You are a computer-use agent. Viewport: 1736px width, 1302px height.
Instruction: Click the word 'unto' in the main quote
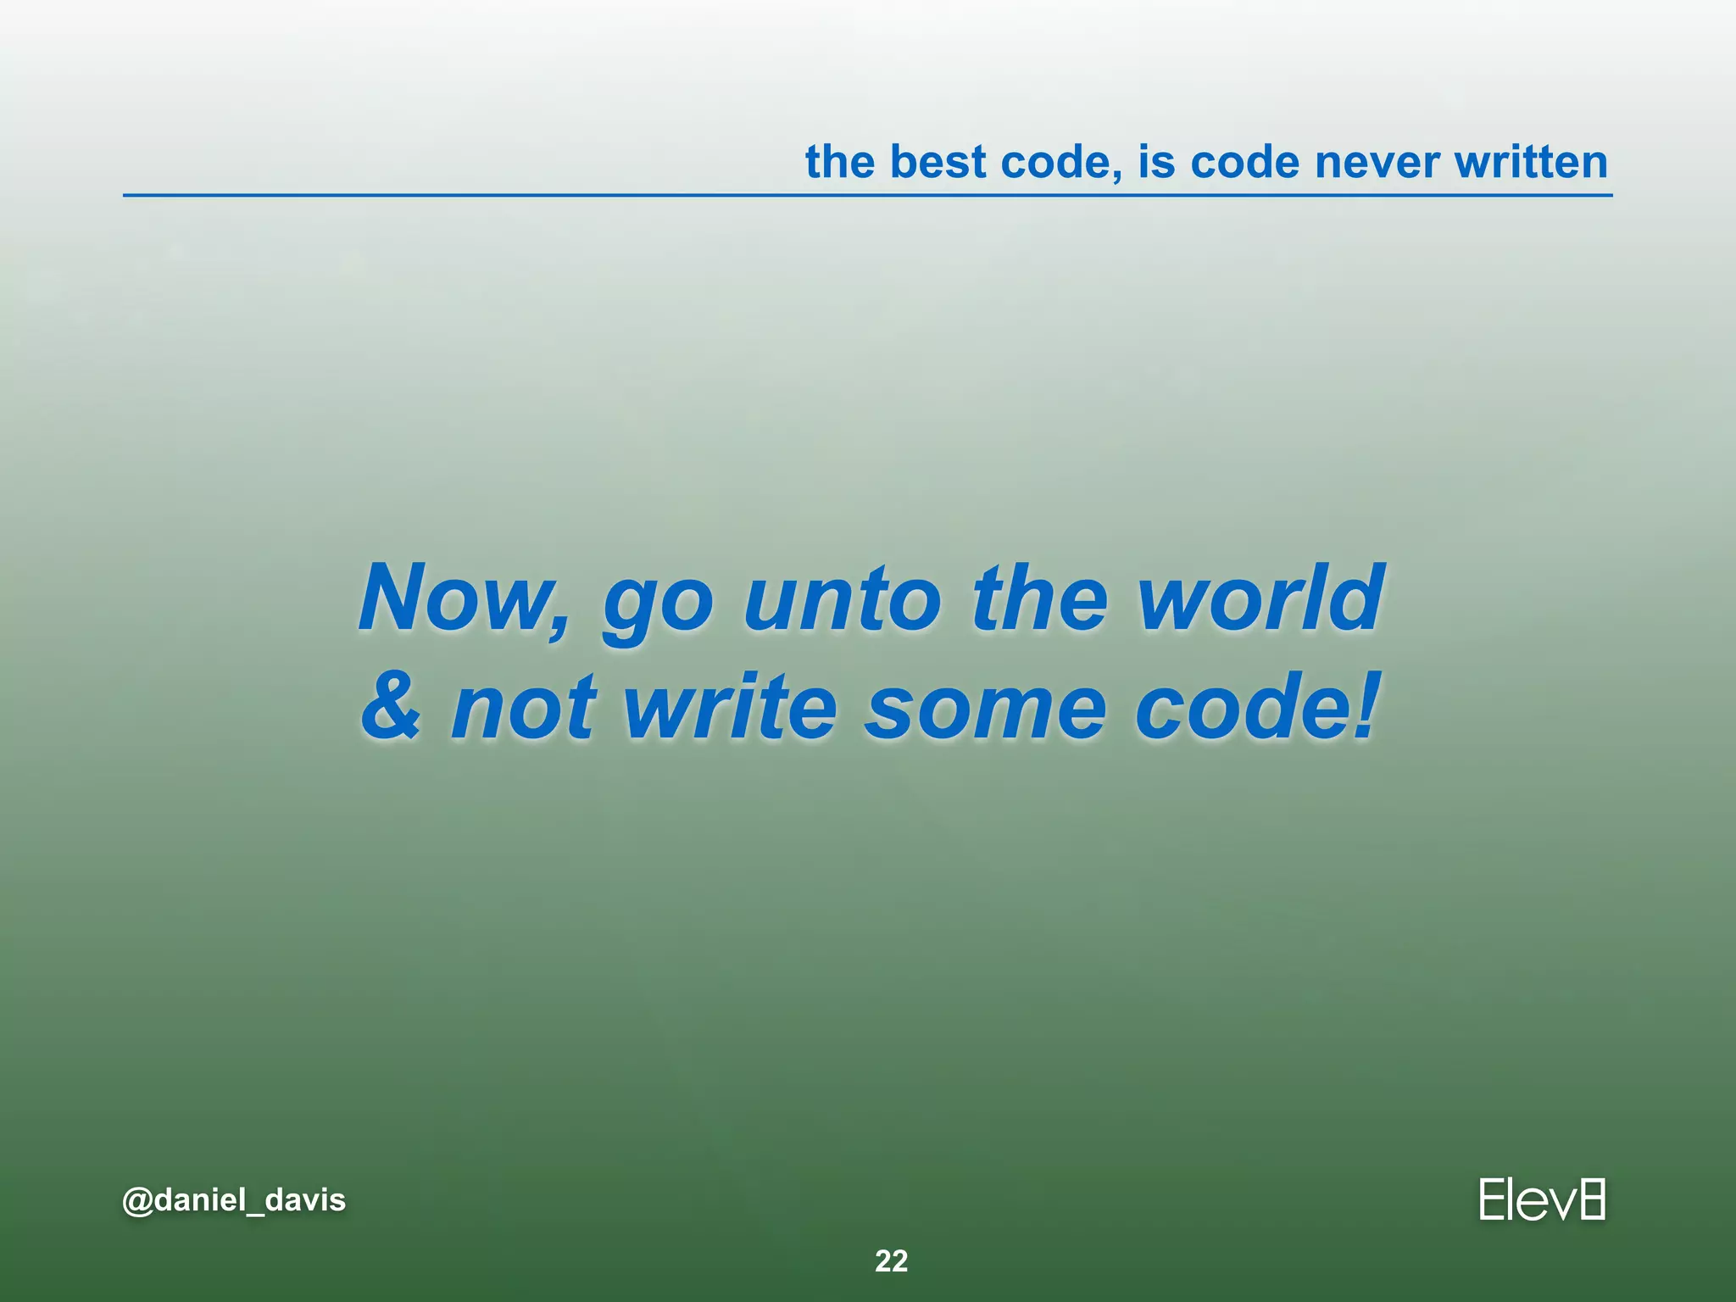[x=842, y=600]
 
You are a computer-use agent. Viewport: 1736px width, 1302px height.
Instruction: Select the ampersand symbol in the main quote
[x=391, y=706]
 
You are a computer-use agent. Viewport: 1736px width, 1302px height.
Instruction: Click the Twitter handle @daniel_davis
[x=234, y=1200]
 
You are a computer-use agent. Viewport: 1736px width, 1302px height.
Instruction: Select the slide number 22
[x=891, y=1261]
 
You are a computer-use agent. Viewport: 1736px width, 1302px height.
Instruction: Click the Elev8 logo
[x=1542, y=1199]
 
